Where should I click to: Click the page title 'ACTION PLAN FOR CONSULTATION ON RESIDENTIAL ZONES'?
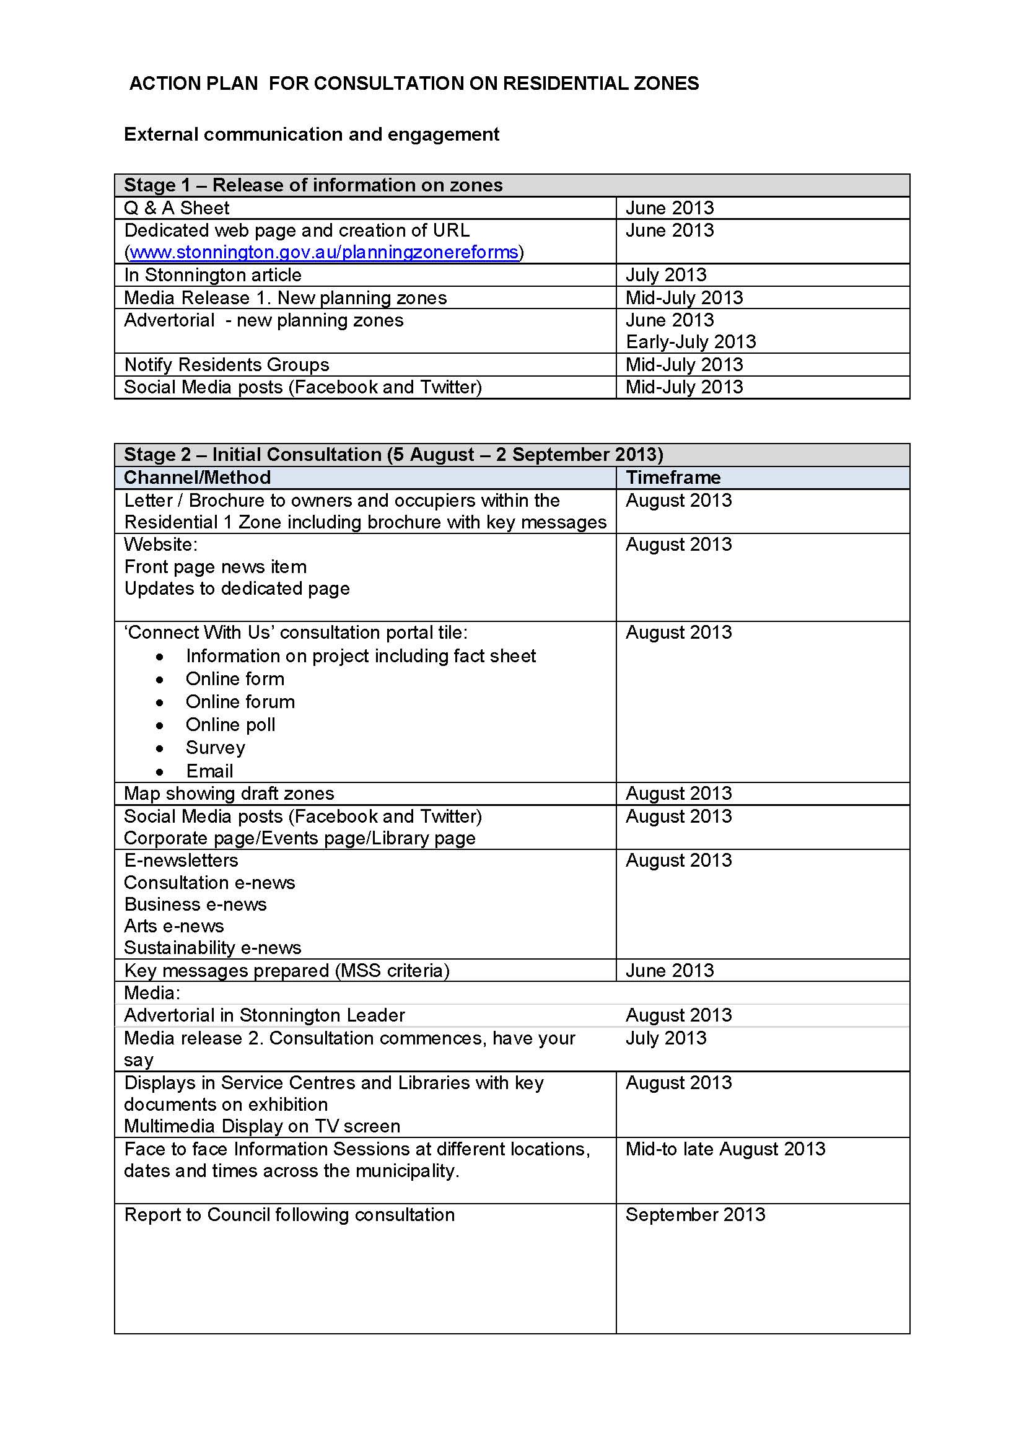414,83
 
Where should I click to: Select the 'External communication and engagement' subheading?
311,134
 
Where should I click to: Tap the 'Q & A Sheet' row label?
177,208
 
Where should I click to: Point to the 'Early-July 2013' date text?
690,342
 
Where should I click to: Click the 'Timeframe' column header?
673,478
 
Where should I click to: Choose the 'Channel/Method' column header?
197,478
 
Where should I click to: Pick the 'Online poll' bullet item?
230,725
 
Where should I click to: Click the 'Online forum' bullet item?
240,702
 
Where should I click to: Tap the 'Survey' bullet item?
215,748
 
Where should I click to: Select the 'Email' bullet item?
209,771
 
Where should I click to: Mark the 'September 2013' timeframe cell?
694,1215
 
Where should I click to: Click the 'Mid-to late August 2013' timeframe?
725,1149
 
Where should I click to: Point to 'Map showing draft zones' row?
229,794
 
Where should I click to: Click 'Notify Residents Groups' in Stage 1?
227,365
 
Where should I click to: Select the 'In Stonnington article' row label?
212,275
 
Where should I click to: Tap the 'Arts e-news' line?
173,926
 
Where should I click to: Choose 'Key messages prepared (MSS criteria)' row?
286,971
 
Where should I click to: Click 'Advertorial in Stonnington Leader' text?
264,1015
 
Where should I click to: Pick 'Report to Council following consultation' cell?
289,1215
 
